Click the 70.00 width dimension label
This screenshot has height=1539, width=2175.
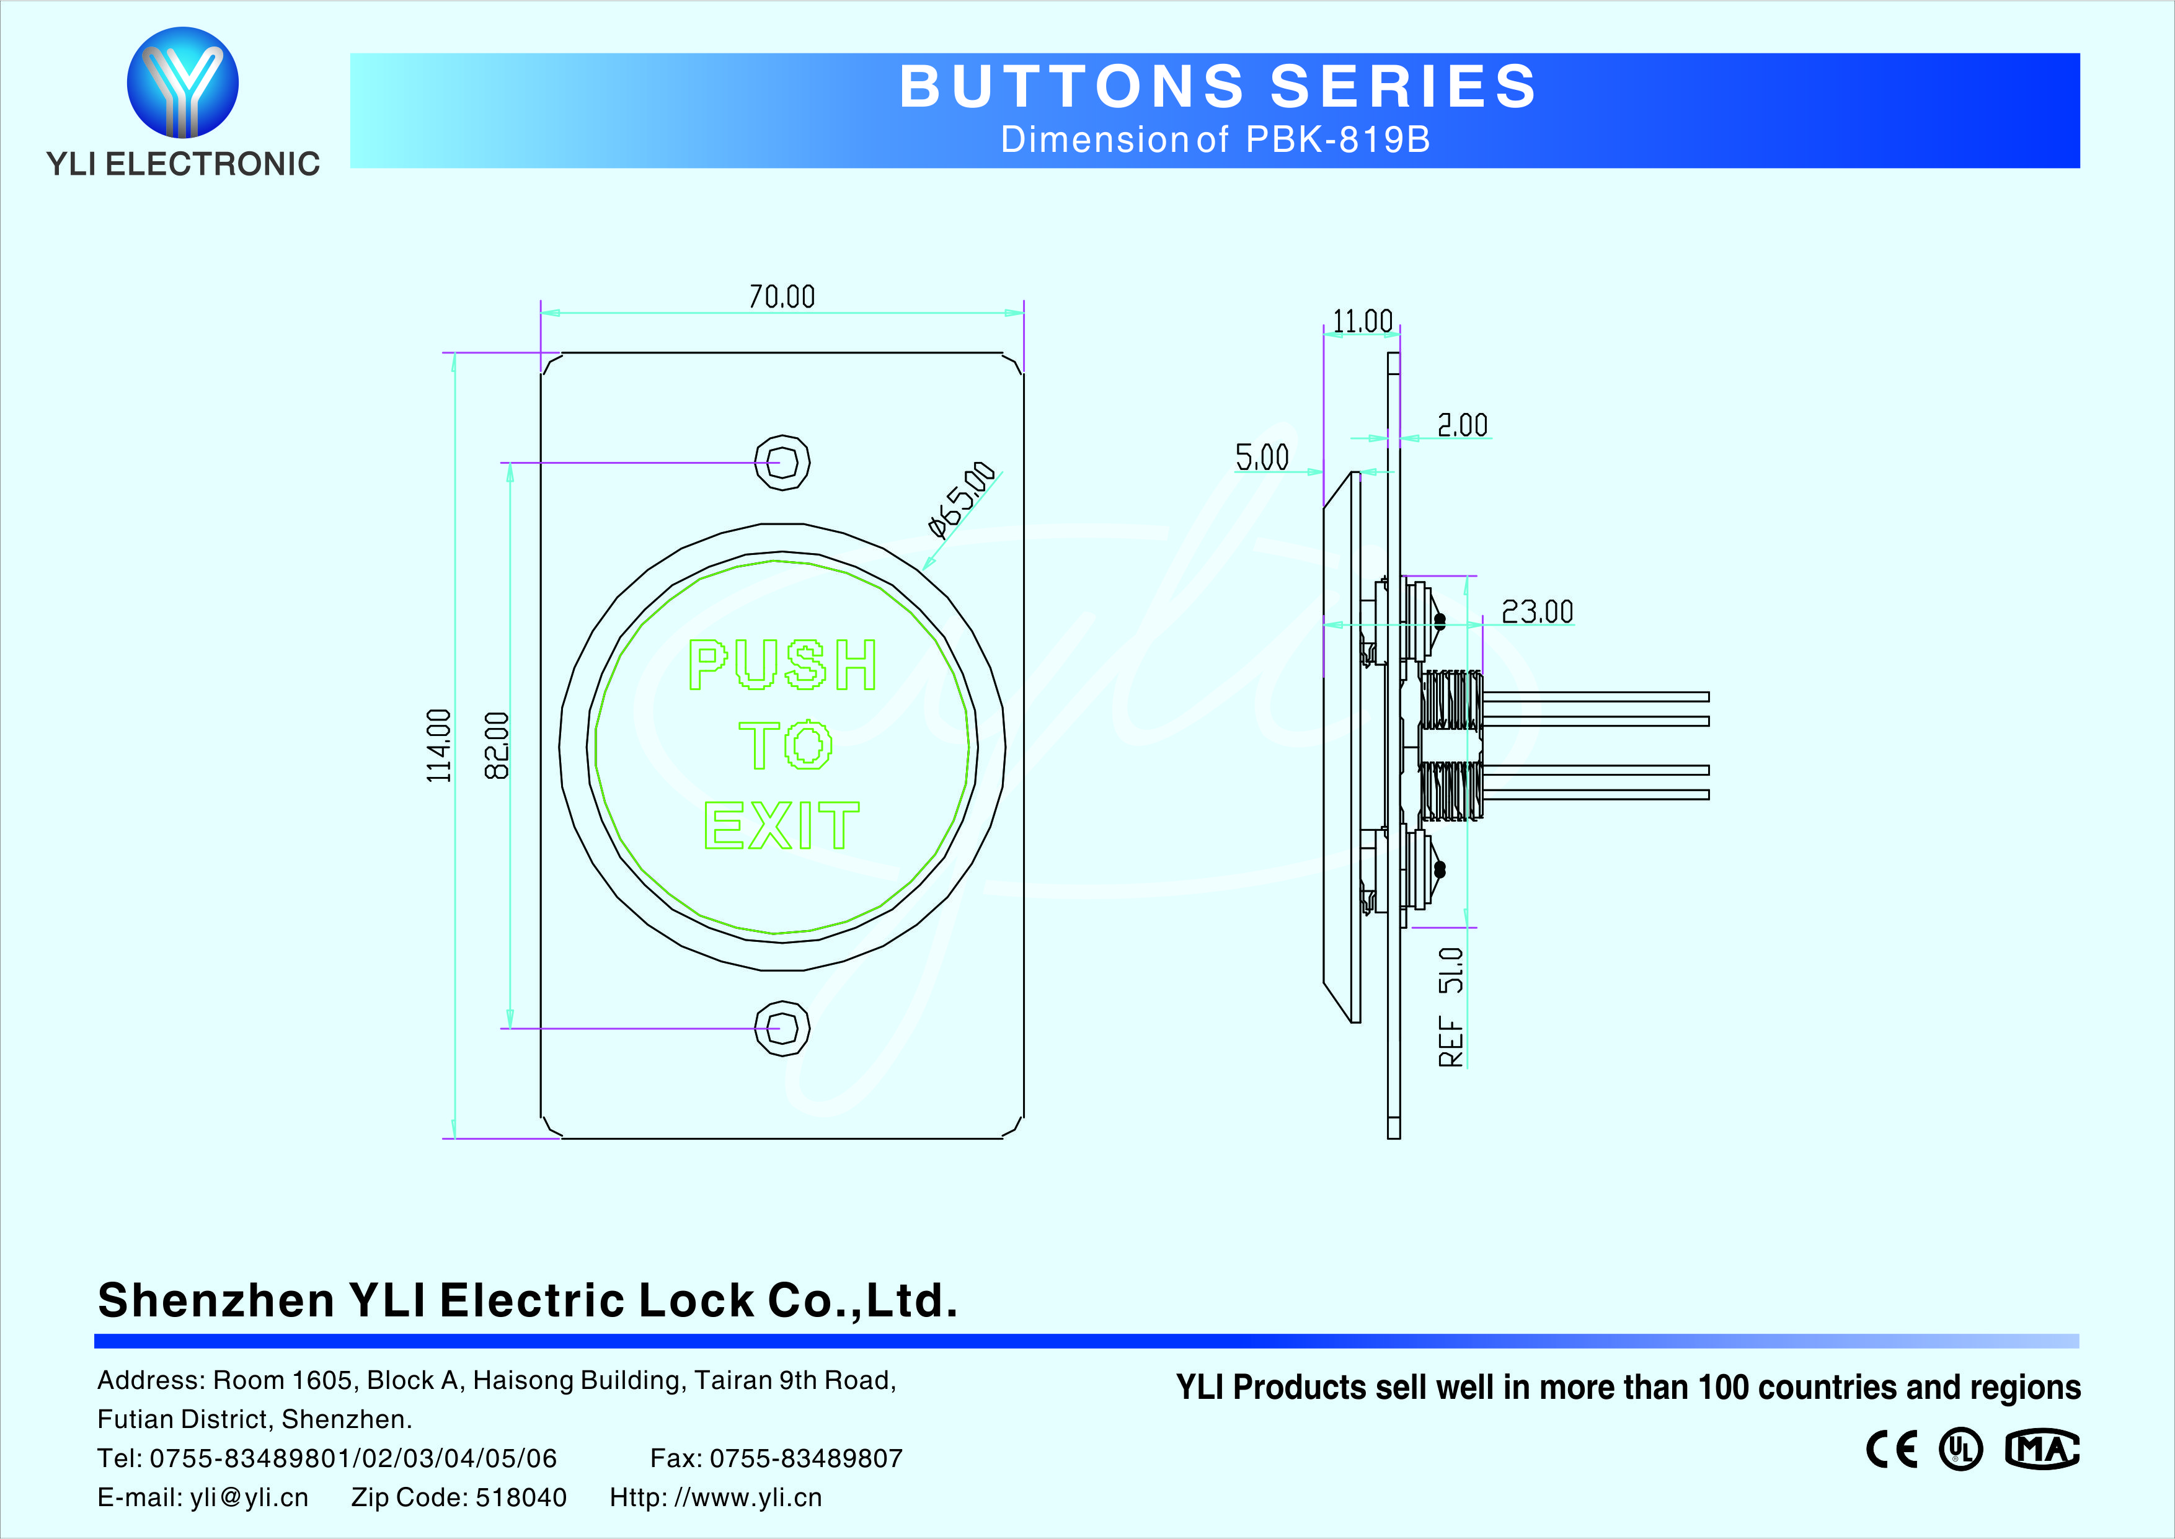781,296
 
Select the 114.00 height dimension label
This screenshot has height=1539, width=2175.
438,746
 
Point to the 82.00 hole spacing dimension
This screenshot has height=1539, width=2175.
497,746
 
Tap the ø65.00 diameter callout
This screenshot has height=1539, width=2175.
962,499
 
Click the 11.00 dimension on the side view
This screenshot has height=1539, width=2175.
1362,321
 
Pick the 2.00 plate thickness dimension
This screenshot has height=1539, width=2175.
1463,425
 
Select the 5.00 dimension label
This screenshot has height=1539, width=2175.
1262,458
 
